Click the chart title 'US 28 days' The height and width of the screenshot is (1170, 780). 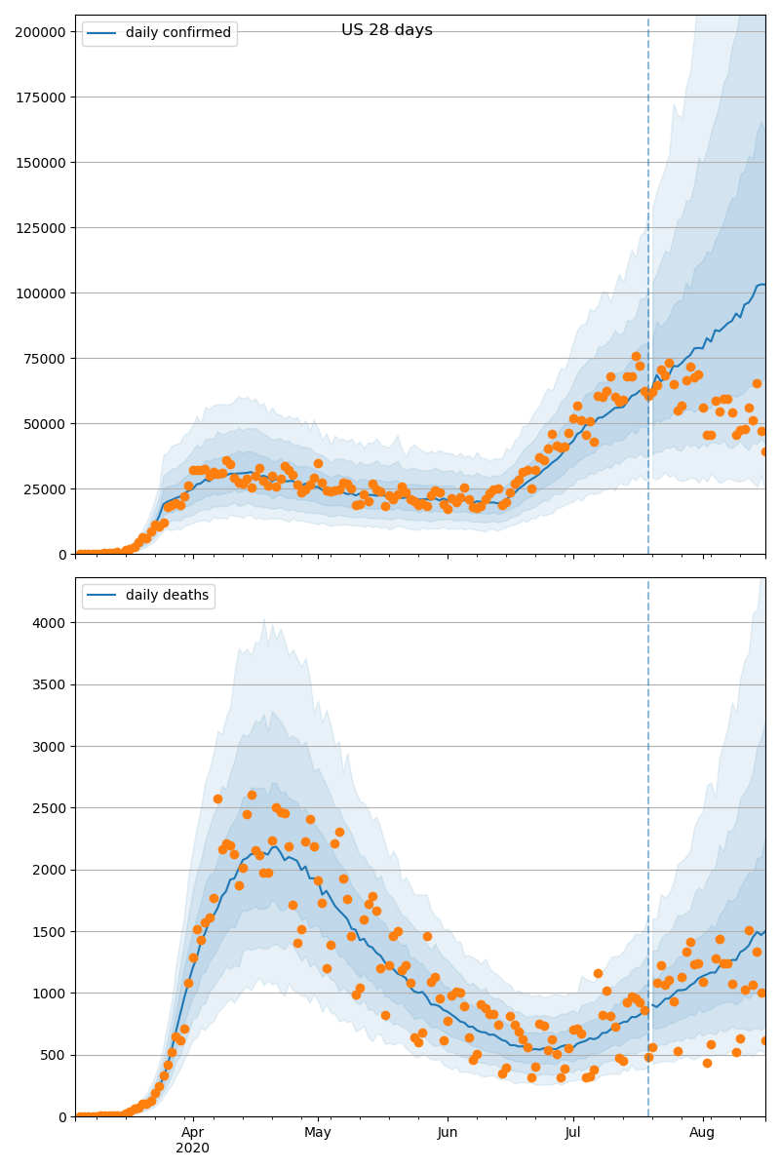tap(386, 30)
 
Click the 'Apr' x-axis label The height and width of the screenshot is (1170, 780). tap(192, 1132)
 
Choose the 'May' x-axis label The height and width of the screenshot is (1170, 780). tap(318, 1132)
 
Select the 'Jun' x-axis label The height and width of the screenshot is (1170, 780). tap(448, 1132)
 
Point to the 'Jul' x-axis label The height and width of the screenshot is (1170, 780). tap(573, 1132)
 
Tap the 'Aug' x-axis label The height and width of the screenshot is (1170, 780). tap(702, 1132)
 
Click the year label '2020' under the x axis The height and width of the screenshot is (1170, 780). tap(192, 1148)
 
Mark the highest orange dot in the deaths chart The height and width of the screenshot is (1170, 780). tap(252, 795)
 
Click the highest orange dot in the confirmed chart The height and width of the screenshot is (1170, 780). tap(636, 356)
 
